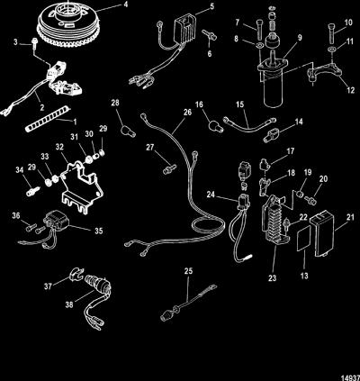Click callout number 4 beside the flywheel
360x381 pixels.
pyautogui.click(x=125, y=5)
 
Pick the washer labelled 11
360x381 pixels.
pyautogui.click(x=332, y=49)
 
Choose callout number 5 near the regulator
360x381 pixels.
pyautogui.click(x=212, y=6)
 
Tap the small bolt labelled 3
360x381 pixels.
pyautogui.click(x=34, y=42)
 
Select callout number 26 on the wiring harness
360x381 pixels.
pyautogui.click(x=187, y=113)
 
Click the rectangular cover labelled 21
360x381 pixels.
pyautogui.click(x=322, y=236)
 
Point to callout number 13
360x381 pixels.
pyautogui.click(x=304, y=276)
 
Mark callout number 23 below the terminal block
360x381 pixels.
pyautogui.click(x=272, y=278)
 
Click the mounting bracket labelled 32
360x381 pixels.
pyautogui.click(x=81, y=186)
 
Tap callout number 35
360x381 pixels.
pyautogui.click(x=99, y=231)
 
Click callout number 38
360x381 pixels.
pyautogui.click(x=69, y=304)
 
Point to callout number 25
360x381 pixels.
pyautogui.click(x=188, y=271)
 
